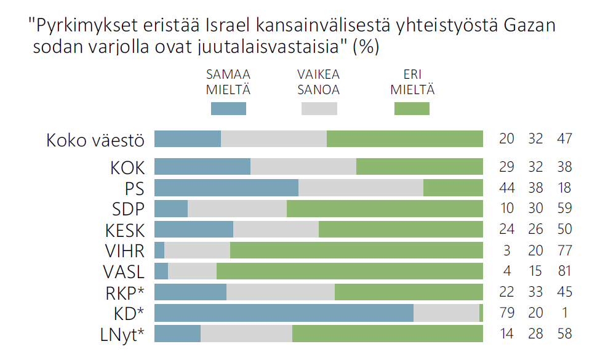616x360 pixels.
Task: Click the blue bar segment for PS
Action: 226,188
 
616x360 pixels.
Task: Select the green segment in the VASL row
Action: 350,271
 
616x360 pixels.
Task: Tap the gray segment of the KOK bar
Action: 303,167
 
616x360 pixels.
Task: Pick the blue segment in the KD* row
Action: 284,313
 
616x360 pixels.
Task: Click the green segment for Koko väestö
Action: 404,138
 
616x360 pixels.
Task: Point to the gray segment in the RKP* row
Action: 281,292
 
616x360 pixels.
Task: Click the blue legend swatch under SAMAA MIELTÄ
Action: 228,109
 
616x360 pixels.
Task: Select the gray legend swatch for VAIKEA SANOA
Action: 319,109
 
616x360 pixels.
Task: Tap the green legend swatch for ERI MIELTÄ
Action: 412,109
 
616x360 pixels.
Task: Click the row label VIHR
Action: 125,251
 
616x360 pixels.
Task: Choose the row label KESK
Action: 125,230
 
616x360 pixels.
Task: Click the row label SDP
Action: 127,209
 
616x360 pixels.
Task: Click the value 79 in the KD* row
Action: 506,313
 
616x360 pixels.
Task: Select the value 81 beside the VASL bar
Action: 564,271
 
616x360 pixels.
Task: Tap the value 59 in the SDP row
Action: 564,209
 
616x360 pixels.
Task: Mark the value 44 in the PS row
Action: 506,188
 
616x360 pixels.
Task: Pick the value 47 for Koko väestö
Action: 564,138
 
